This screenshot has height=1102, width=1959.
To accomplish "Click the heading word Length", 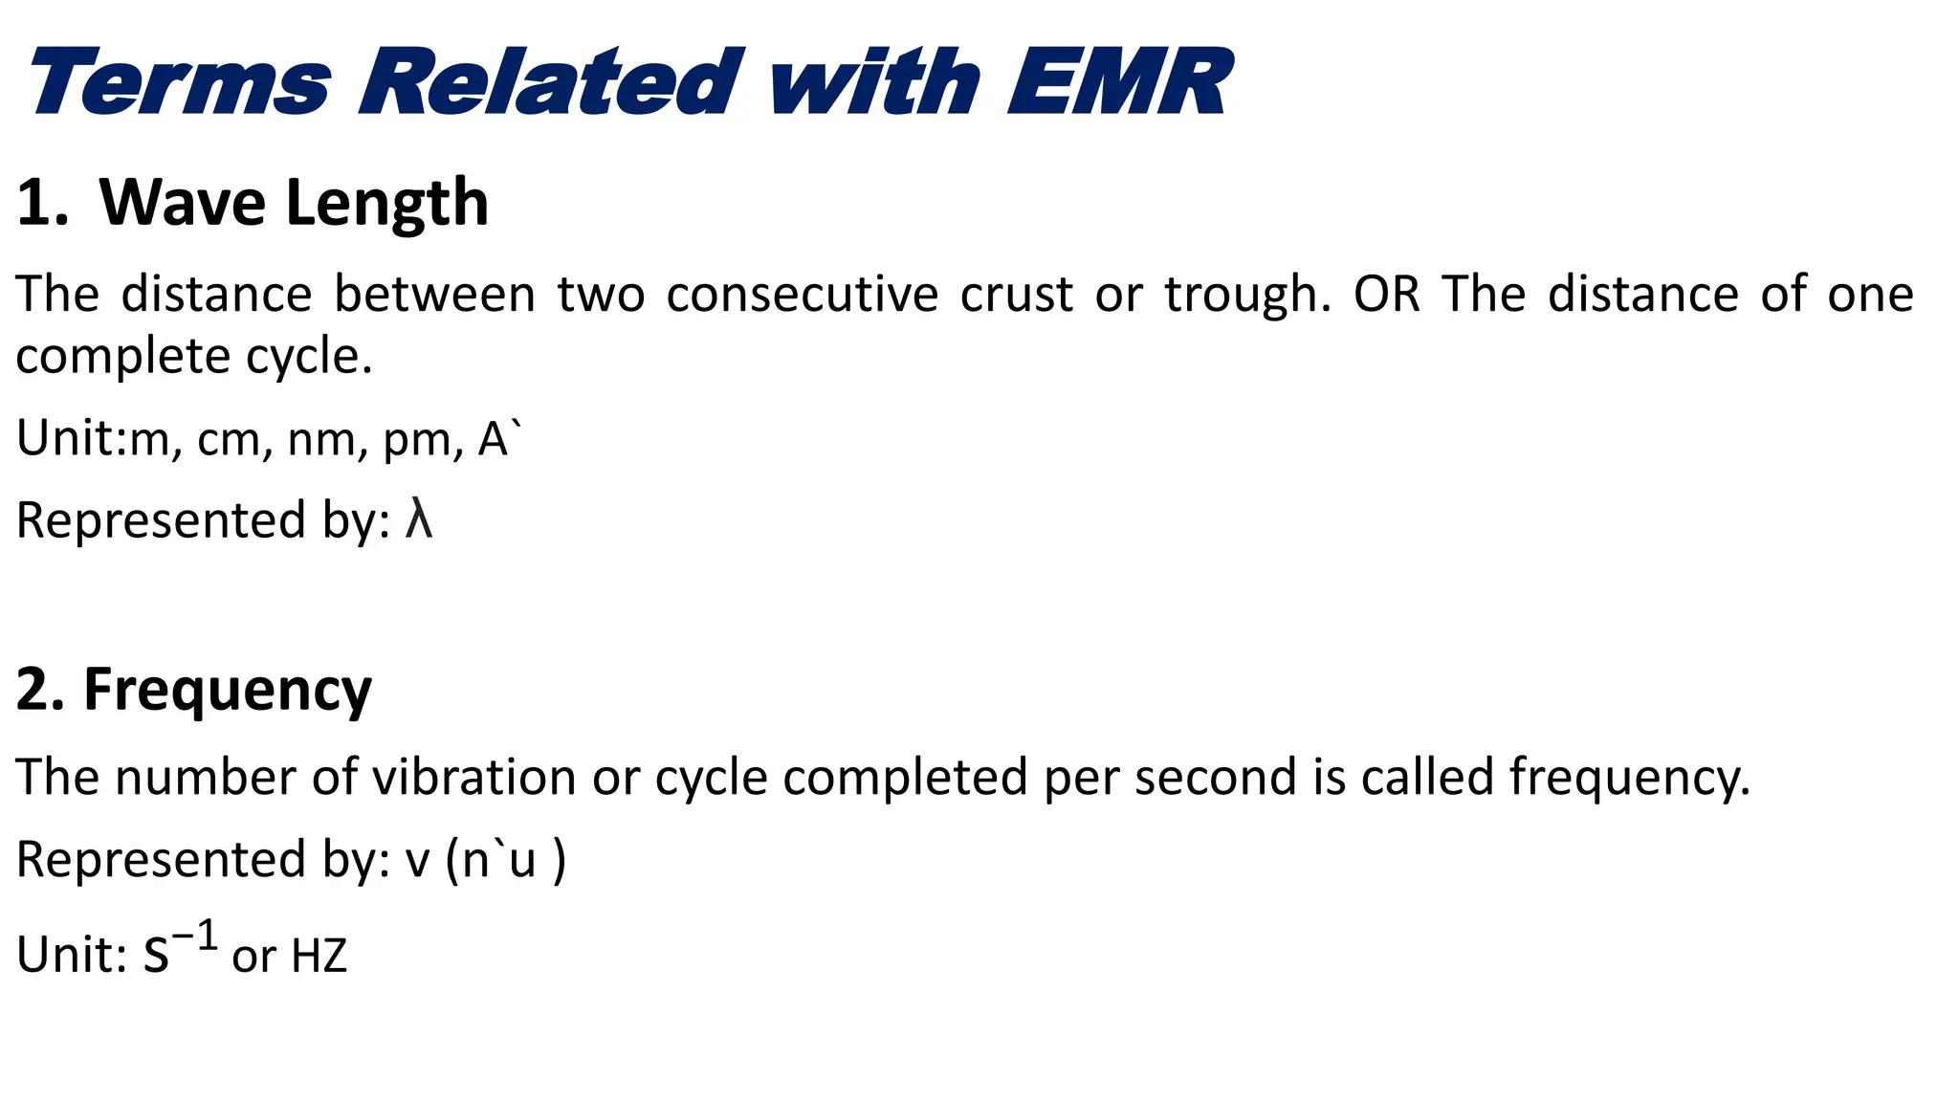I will point(387,204).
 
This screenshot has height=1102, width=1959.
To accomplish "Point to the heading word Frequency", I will point(227,690).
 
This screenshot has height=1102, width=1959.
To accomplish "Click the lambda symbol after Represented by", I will point(419,520).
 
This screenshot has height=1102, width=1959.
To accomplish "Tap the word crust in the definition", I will point(1016,295).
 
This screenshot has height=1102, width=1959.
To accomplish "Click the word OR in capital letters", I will point(1386,295).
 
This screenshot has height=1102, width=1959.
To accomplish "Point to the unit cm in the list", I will point(228,440).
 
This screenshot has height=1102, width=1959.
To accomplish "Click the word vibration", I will point(473,777).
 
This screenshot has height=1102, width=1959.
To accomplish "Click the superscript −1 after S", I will point(195,936).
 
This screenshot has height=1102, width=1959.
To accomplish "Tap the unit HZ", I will point(319,956).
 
